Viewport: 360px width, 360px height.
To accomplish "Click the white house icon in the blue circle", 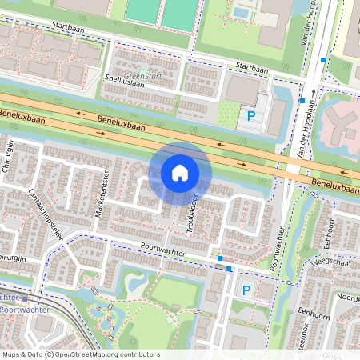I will click(x=180, y=173).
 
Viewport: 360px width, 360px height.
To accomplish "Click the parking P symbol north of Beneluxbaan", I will click(x=251, y=116).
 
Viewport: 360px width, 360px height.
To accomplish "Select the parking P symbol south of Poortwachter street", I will click(x=246, y=291).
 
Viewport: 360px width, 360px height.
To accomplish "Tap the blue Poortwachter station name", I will click(x=24, y=309).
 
